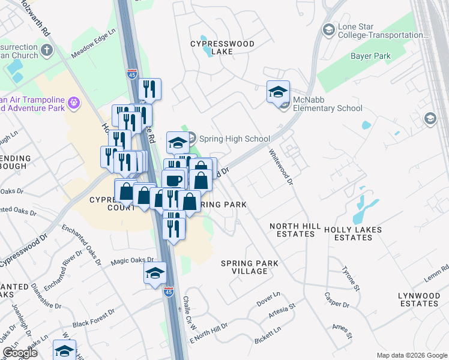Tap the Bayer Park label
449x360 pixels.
click(370, 56)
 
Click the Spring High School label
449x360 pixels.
click(234, 139)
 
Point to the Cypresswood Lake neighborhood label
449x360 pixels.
click(222, 48)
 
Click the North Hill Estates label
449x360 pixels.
click(292, 230)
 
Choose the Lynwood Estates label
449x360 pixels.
click(418, 299)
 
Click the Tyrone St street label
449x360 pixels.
click(351, 279)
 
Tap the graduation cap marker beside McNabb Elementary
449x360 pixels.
click(278, 92)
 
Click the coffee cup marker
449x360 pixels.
click(173, 180)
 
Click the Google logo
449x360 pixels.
click(20, 353)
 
